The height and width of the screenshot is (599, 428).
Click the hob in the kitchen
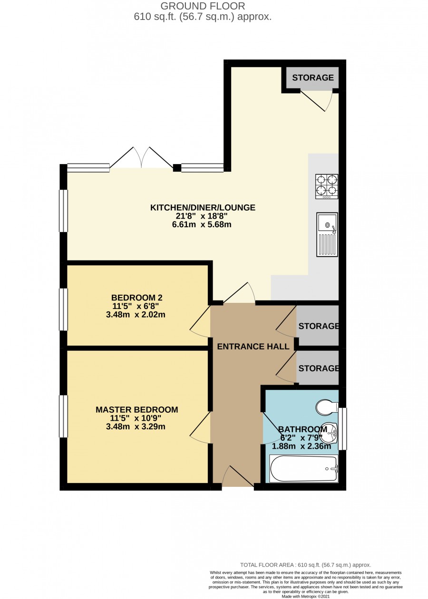coord(327,186)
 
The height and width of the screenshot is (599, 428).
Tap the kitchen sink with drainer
coord(327,234)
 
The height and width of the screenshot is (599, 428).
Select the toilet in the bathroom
coord(327,407)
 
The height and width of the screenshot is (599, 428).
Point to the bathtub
coord(304,469)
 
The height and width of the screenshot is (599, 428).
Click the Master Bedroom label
coord(136,409)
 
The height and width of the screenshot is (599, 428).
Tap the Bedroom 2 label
coord(136,298)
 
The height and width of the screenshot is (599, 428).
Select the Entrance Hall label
coord(253,347)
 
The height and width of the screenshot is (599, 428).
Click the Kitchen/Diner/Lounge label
coord(203,207)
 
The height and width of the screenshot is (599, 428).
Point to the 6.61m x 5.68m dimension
coord(202,224)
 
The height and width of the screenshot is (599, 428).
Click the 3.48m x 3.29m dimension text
coord(136,426)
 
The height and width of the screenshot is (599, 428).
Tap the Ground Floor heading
coord(203,6)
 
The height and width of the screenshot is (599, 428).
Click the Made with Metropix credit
coord(306,596)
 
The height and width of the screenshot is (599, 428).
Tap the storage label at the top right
coord(313,77)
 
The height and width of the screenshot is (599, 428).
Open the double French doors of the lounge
coord(142,158)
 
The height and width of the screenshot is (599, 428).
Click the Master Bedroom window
coord(63,416)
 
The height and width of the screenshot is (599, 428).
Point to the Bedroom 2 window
coord(63,309)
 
